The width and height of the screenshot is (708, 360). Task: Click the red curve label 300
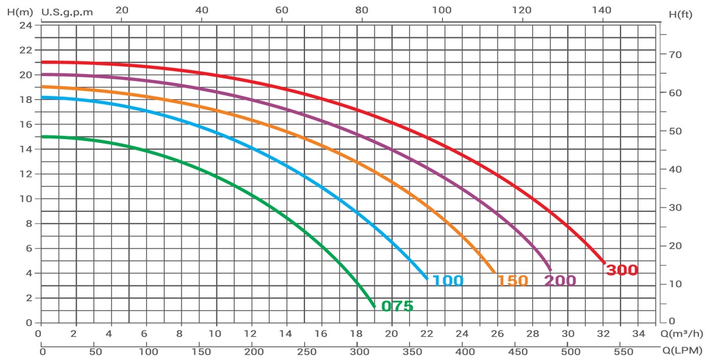pos(622,270)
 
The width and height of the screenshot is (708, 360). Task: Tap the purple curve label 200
pos(560,281)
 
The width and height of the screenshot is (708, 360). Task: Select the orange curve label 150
pos(512,281)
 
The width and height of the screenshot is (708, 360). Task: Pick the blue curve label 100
pos(447,281)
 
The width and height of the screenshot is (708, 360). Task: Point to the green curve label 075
pos(397,306)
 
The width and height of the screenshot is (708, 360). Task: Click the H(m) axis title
pos(14,12)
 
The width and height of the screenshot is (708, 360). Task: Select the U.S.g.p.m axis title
pos(67,12)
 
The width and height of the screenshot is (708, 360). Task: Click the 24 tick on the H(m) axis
pos(25,25)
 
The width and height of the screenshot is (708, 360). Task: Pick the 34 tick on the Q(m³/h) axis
pos(638,334)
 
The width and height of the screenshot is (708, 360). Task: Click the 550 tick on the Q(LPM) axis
pos(621,352)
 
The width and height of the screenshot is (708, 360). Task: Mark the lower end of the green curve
pos(374,307)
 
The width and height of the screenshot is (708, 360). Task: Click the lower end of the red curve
pos(604,262)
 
